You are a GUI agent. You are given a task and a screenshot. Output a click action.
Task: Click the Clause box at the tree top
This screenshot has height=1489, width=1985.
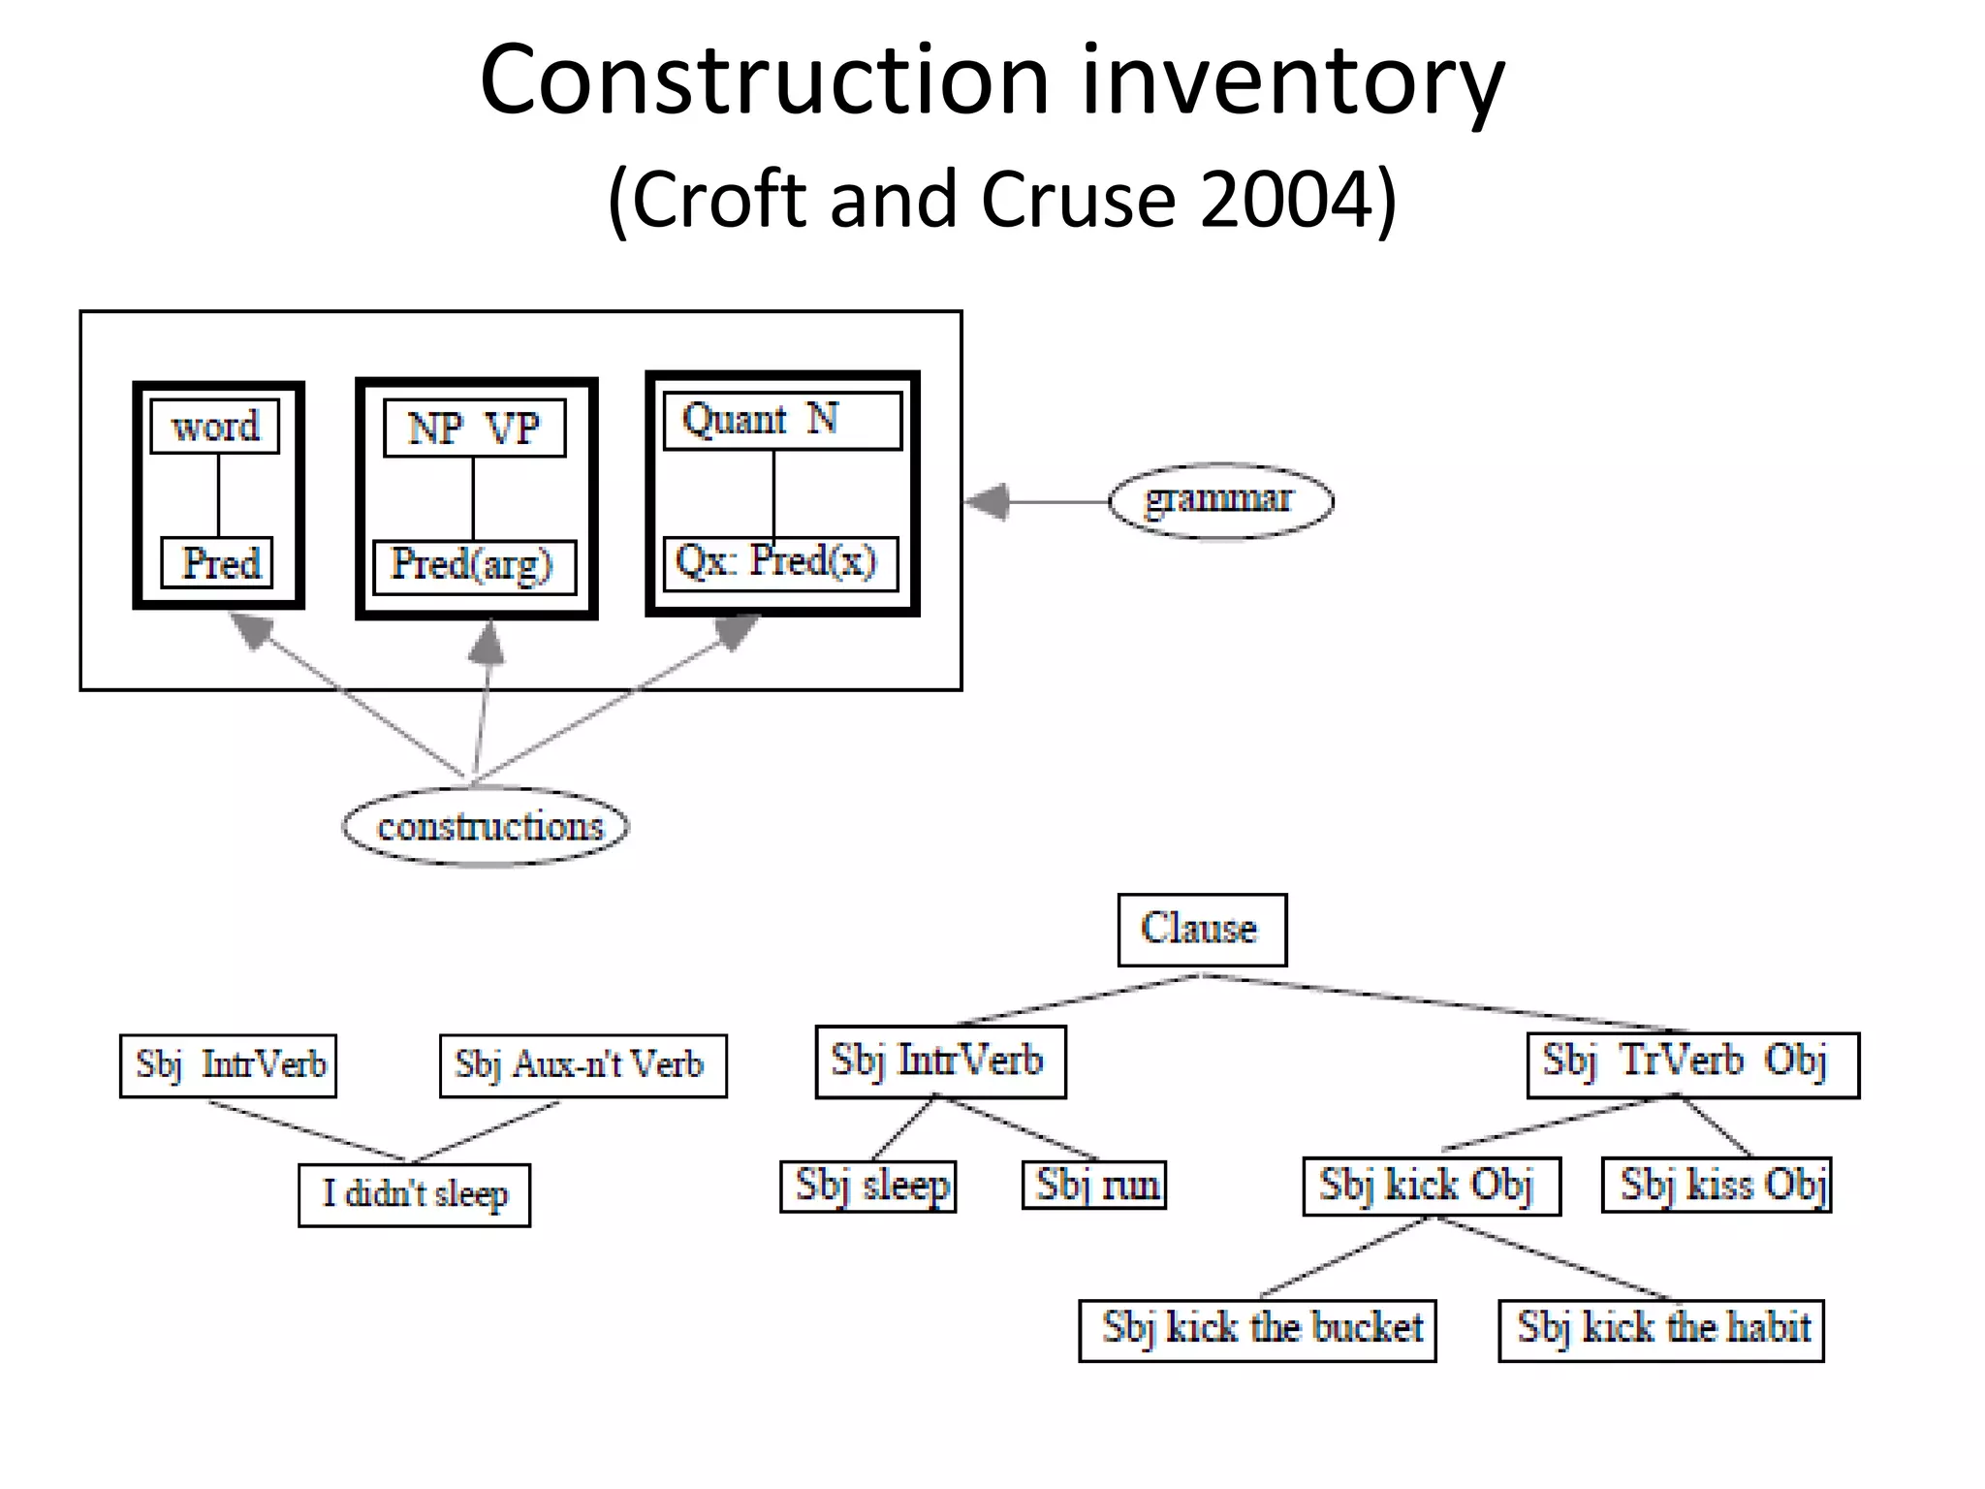pos(1202,930)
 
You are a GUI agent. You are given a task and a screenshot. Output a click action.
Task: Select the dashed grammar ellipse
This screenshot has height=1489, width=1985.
pos(1220,500)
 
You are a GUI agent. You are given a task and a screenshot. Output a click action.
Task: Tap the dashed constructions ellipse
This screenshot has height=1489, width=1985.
pos(487,827)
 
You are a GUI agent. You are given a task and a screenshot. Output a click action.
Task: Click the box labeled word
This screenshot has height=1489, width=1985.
pos(215,427)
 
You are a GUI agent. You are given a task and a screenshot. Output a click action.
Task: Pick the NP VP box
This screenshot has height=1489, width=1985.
pos(474,428)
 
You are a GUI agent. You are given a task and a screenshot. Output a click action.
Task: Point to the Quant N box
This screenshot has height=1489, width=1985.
pos(781,421)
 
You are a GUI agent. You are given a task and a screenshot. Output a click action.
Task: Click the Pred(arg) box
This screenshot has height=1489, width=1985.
pos(474,566)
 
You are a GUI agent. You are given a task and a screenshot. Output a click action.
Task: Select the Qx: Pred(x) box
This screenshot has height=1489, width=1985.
pos(780,563)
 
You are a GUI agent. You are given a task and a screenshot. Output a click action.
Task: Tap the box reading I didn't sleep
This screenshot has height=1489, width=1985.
pos(415,1194)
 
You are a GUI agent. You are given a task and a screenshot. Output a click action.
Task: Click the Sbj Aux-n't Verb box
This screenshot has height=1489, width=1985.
pos(583,1065)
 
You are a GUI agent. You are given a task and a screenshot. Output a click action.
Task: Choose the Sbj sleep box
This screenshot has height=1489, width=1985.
pos(869,1187)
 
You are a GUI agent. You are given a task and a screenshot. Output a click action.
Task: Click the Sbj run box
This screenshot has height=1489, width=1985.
pos(1095,1186)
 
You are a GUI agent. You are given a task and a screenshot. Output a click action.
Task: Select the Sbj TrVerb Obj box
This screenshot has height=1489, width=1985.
pos(1692,1064)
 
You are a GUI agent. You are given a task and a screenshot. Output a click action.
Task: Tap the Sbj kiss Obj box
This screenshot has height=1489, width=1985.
pos(1717,1185)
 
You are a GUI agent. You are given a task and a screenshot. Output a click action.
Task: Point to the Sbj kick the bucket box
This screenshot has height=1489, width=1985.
pos(1257,1330)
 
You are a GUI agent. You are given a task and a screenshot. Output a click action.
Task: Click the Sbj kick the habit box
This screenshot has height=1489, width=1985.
pos(1661,1330)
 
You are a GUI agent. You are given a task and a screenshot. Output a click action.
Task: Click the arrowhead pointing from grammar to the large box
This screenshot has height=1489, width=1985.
pos(989,501)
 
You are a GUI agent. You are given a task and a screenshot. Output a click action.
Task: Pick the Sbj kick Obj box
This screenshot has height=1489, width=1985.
pos(1432,1186)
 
